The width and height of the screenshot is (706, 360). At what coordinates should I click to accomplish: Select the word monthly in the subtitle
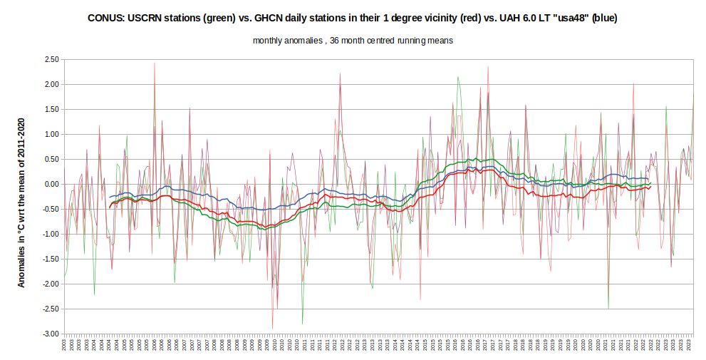269,41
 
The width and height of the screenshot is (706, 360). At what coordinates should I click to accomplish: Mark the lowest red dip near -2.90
272,328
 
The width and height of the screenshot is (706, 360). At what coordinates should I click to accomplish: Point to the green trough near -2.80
302,324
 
